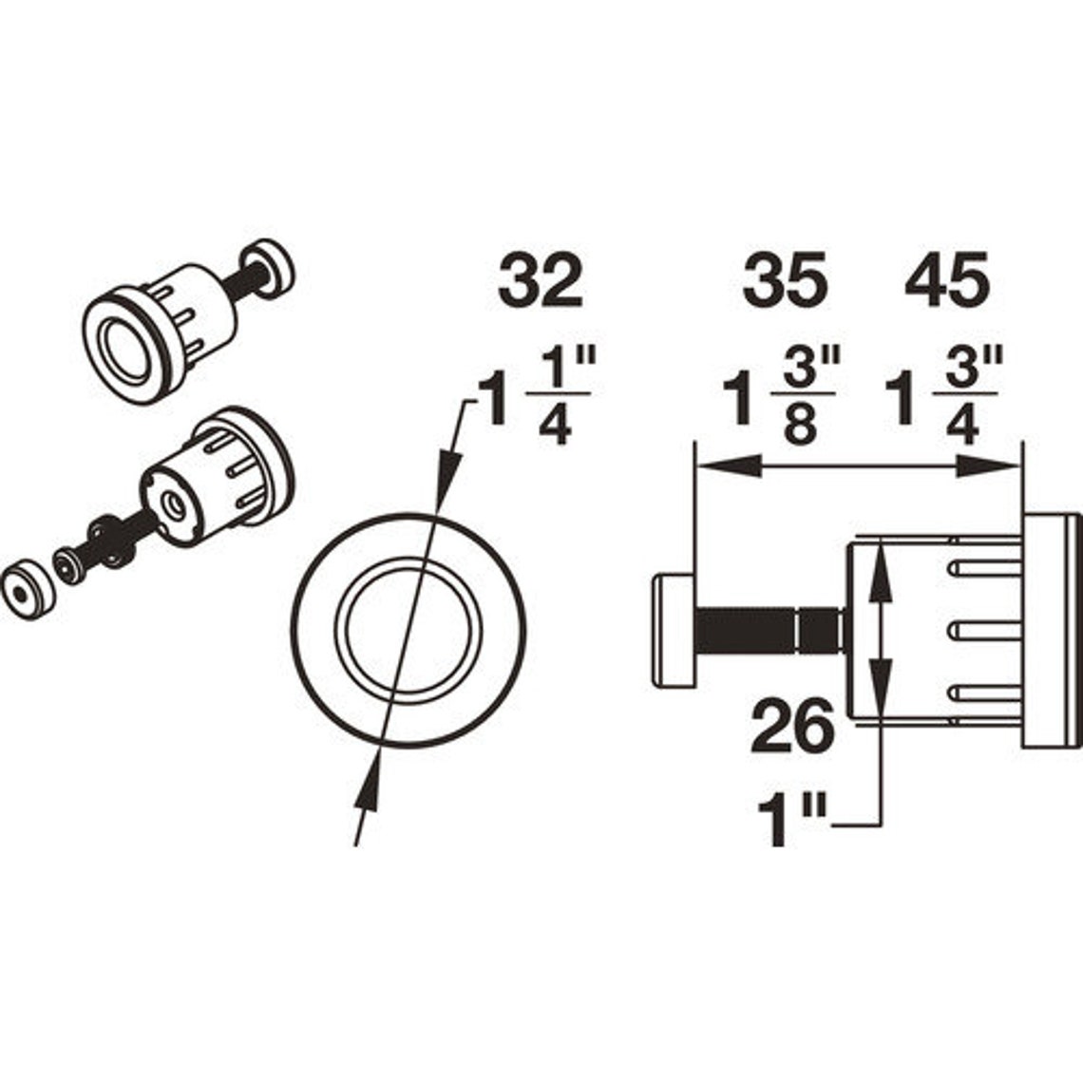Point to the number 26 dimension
(x=792, y=728)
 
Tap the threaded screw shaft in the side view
(x=746, y=631)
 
